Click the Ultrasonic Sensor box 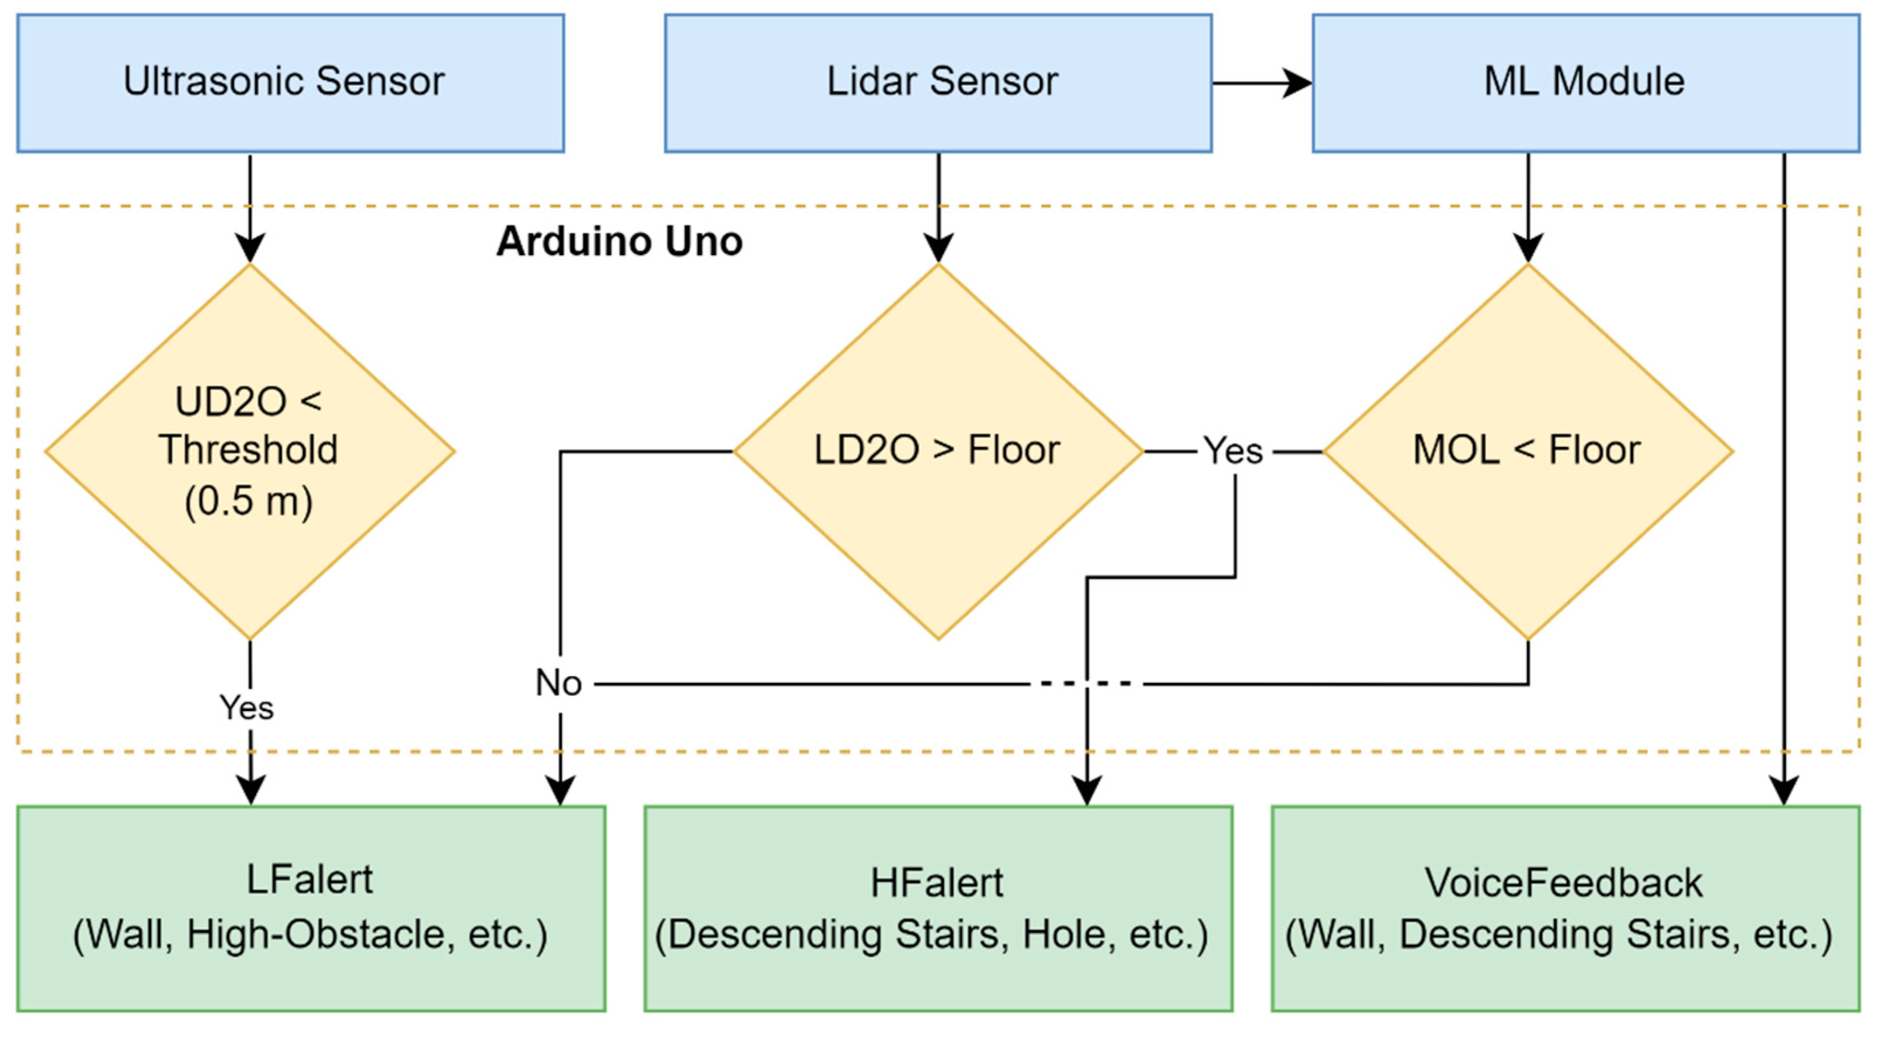tap(290, 82)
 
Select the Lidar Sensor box tap(938, 82)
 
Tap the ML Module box tap(1585, 82)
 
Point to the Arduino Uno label tap(619, 241)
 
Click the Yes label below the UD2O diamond tap(247, 708)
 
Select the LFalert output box tap(311, 907)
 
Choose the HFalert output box tap(938, 907)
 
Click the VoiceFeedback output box tap(1564, 907)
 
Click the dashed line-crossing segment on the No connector tap(1086, 684)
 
